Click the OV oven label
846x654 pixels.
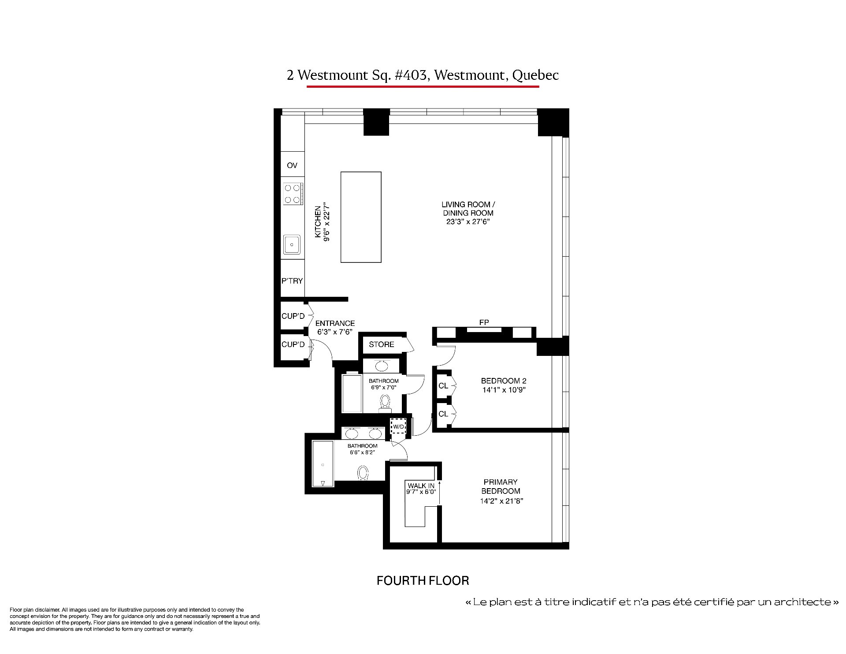coord(292,165)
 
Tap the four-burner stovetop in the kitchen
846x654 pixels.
coord(293,194)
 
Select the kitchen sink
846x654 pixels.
coord(292,244)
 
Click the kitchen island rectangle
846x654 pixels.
coord(361,217)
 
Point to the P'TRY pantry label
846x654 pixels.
coord(292,281)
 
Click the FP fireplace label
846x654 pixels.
coord(484,322)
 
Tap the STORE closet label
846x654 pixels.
coord(382,344)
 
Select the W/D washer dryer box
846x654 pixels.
coord(398,426)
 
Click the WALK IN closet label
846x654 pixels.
coord(421,486)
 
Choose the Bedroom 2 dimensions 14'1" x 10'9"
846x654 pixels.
coord(504,390)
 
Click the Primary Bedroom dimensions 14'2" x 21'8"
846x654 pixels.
coord(501,501)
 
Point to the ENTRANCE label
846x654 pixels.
coord(335,323)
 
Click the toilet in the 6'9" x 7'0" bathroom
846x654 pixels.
coord(386,403)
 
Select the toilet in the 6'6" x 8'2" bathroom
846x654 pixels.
coord(363,474)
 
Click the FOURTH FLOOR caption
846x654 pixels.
coord(423,580)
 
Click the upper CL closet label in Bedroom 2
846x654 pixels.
coord(443,386)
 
